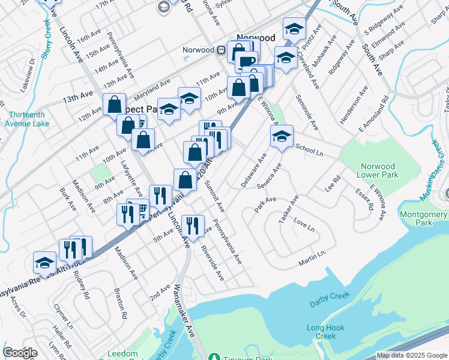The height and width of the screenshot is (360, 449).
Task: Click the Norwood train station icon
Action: pyautogui.click(x=221, y=50)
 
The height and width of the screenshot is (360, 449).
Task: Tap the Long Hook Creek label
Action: pyautogui.click(x=325, y=332)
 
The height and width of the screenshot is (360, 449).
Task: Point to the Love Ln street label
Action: pyautogui.click(x=304, y=227)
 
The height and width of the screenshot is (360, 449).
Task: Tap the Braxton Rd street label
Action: pyautogui.click(x=121, y=302)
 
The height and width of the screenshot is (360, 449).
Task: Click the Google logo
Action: pyautogui.click(x=20, y=353)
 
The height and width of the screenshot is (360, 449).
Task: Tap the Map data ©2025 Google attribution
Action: pyautogui.click(x=412, y=355)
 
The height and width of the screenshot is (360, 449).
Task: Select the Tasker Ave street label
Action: pyautogui.click(x=288, y=210)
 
